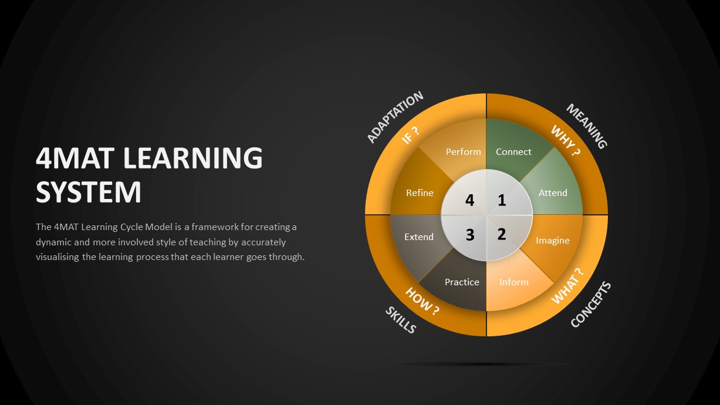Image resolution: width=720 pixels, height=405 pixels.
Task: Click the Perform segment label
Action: coord(463,152)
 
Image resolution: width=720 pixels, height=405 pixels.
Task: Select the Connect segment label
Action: coord(513,152)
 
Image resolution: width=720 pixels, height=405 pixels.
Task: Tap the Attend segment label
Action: coord(553,193)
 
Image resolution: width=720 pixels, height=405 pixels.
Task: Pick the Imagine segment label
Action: coord(552,241)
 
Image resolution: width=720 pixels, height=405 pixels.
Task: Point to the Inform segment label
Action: coord(513,282)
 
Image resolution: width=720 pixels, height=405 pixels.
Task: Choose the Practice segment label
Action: coord(462,282)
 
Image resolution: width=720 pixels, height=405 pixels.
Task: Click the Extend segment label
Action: coord(419,237)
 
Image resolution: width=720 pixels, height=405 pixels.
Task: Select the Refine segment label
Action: coord(420,193)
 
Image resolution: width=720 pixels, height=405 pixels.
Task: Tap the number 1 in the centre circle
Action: coord(502,200)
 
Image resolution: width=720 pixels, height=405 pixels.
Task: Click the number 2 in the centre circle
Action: coord(502,234)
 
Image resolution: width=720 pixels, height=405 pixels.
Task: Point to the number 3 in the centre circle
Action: coord(470,235)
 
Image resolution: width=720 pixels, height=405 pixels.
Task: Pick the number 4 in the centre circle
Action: coord(469,200)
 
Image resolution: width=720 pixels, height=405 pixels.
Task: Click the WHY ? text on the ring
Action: coord(566,140)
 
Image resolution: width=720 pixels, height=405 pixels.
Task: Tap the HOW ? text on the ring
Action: coord(422,301)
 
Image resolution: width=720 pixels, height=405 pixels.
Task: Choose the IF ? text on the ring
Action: coord(410,136)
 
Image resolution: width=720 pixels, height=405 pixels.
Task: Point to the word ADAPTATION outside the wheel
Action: coord(395,117)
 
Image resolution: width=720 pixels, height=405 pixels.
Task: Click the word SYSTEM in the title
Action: coord(89,193)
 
